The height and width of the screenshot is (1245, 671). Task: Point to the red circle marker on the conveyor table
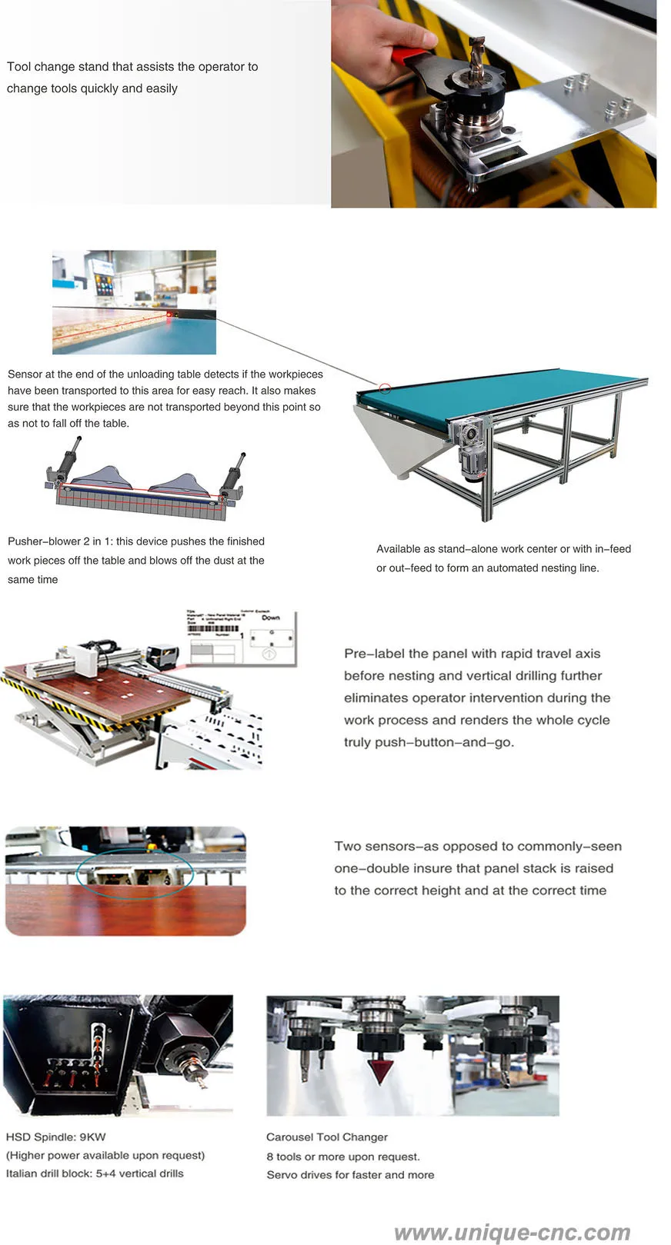point(386,388)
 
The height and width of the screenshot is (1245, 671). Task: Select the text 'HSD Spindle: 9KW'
point(55,1137)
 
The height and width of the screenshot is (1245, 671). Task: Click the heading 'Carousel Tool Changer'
point(327,1137)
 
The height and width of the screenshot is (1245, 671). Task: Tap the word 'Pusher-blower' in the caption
point(43,541)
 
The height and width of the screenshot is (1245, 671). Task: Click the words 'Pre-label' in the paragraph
point(374,654)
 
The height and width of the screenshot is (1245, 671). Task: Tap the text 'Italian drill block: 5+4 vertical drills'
point(95,1173)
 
